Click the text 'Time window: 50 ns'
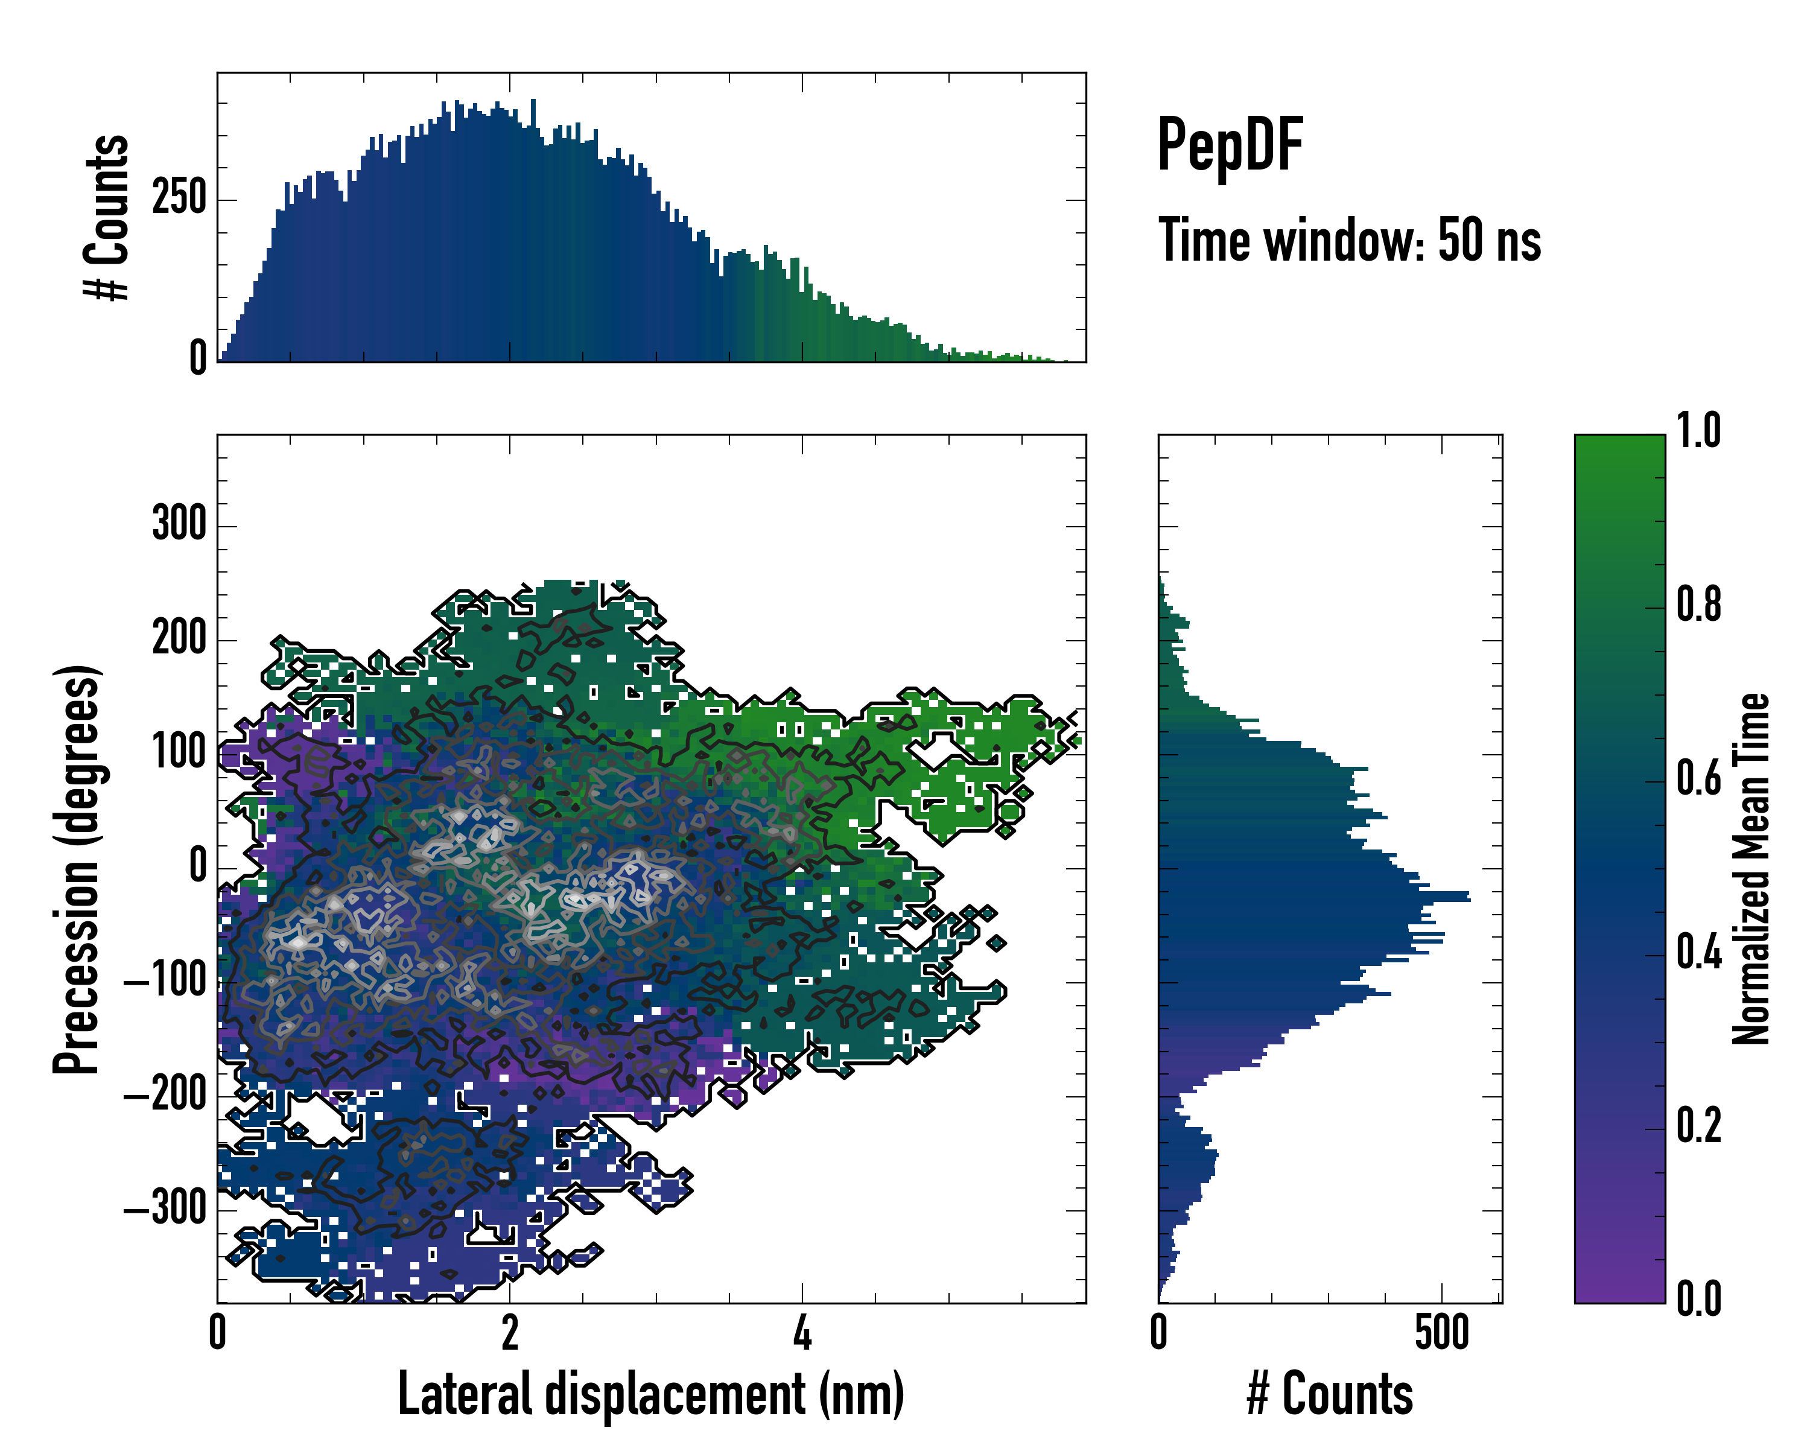point(1349,241)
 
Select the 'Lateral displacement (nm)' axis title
point(650,1394)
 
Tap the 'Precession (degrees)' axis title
point(77,869)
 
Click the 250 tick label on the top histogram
point(179,200)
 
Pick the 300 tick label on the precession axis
point(179,525)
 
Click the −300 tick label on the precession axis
point(165,1210)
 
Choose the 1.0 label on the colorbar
point(1698,431)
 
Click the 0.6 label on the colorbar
point(1698,779)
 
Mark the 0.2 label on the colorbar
point(1698,1126)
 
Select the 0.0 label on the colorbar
point(1698,1300)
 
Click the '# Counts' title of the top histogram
point(107,217)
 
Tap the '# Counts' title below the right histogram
point(1330,1394)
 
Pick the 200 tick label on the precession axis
point(179,639)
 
